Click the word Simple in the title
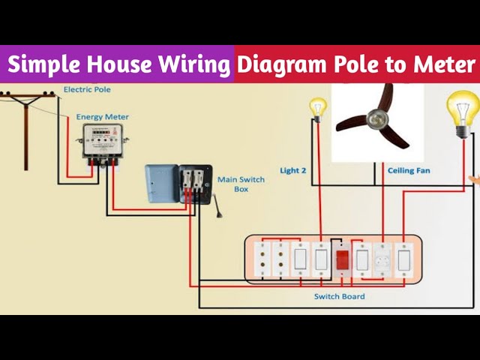pos(45,64)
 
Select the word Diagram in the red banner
pos(282,65)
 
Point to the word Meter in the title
pos(444,64)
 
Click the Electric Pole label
pos(87,90)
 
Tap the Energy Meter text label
pos(102,117)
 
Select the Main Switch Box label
pos(241,184)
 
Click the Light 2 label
pos(293,170)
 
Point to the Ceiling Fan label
pos(409,170)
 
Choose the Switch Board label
pos(340,296)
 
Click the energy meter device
pos(103,144)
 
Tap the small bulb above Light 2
pos(318,109)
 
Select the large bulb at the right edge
pos(463,115)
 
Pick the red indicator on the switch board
pos(343,260)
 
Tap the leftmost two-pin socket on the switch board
pos(262,260)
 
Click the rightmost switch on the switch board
pos(403,260)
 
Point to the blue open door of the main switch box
pos(162,184)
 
